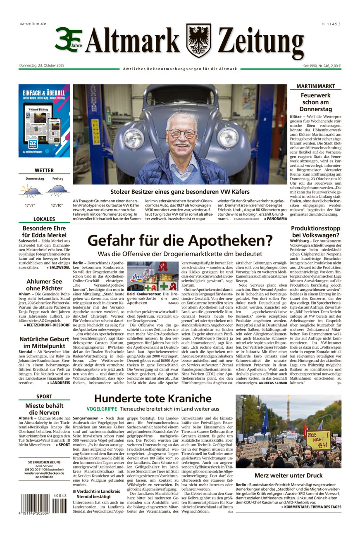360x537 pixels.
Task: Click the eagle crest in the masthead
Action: [198, 40]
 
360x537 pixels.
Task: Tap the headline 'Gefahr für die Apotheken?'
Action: [180, 240]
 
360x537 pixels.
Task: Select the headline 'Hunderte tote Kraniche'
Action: [153, 399]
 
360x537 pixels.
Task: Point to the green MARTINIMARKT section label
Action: [315, 86]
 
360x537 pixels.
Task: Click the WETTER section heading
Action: [44, 170]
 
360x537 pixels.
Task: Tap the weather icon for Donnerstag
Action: [31, 190]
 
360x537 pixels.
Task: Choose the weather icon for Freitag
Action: [57, 190]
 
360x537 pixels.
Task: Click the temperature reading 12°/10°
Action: [58, 205]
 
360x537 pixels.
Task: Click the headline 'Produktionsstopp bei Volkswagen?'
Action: [315, 232]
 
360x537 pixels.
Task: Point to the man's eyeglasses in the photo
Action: [182, 133]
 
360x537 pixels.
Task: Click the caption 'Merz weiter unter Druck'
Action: [288, 475]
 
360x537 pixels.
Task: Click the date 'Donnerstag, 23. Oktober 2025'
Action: [42, 66]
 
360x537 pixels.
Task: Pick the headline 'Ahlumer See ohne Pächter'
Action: [44, 285]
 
